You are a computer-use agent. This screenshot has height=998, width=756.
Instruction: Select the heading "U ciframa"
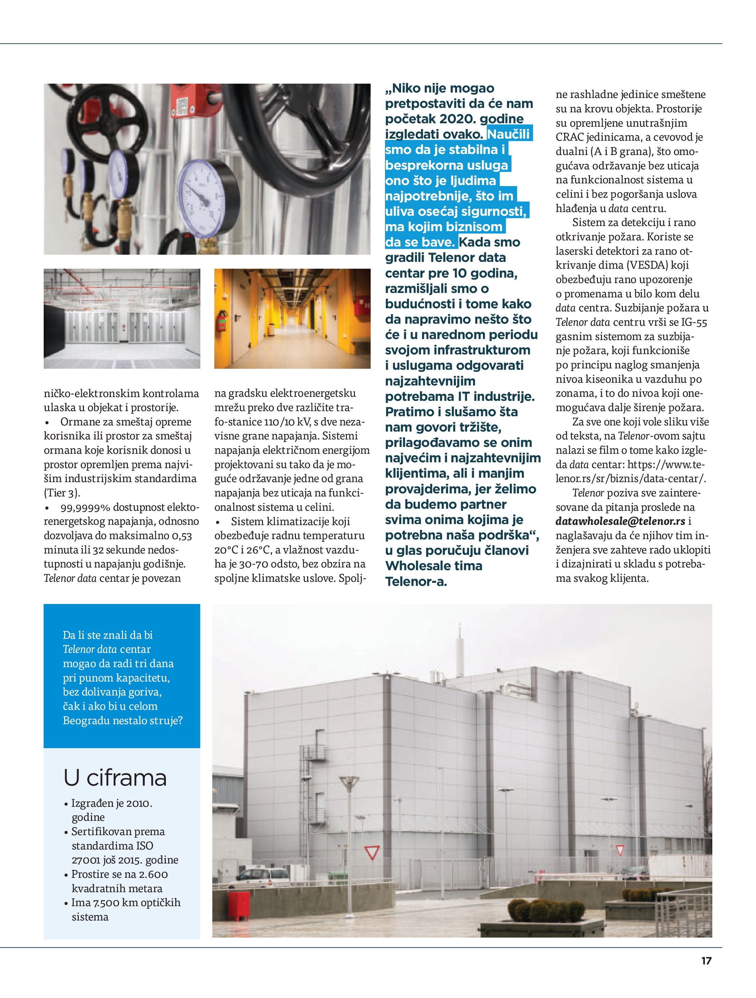coord(115,777)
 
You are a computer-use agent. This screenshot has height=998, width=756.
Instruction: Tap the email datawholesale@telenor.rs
coord(620,521)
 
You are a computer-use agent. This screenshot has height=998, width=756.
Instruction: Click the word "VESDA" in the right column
coord(648,265)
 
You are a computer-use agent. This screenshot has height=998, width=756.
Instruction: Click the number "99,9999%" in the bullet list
coord(86,507)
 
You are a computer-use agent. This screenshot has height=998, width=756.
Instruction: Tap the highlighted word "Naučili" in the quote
coord(508,135)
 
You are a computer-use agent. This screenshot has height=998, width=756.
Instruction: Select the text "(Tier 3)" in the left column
coord(62,493)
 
